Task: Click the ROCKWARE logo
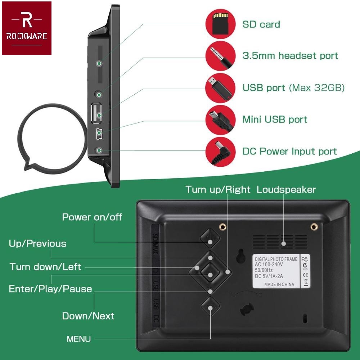(x=27, y=28)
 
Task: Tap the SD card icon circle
(x=220, y=24)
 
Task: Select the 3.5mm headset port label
(x=290, y=56)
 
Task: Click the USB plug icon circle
(x=220, y=87)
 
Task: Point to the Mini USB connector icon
(x=220, y=120)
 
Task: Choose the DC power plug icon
(x=220, y=151)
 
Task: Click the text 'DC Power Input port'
(x=289, y=152)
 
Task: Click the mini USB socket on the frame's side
(x=99, y=134)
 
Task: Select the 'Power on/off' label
(x=92, y=217)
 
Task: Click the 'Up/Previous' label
(x=37, y=244)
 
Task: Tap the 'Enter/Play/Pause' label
(x=50, y=289)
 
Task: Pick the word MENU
(x=79, y=339)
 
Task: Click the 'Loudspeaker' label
(x=286, y=190)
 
